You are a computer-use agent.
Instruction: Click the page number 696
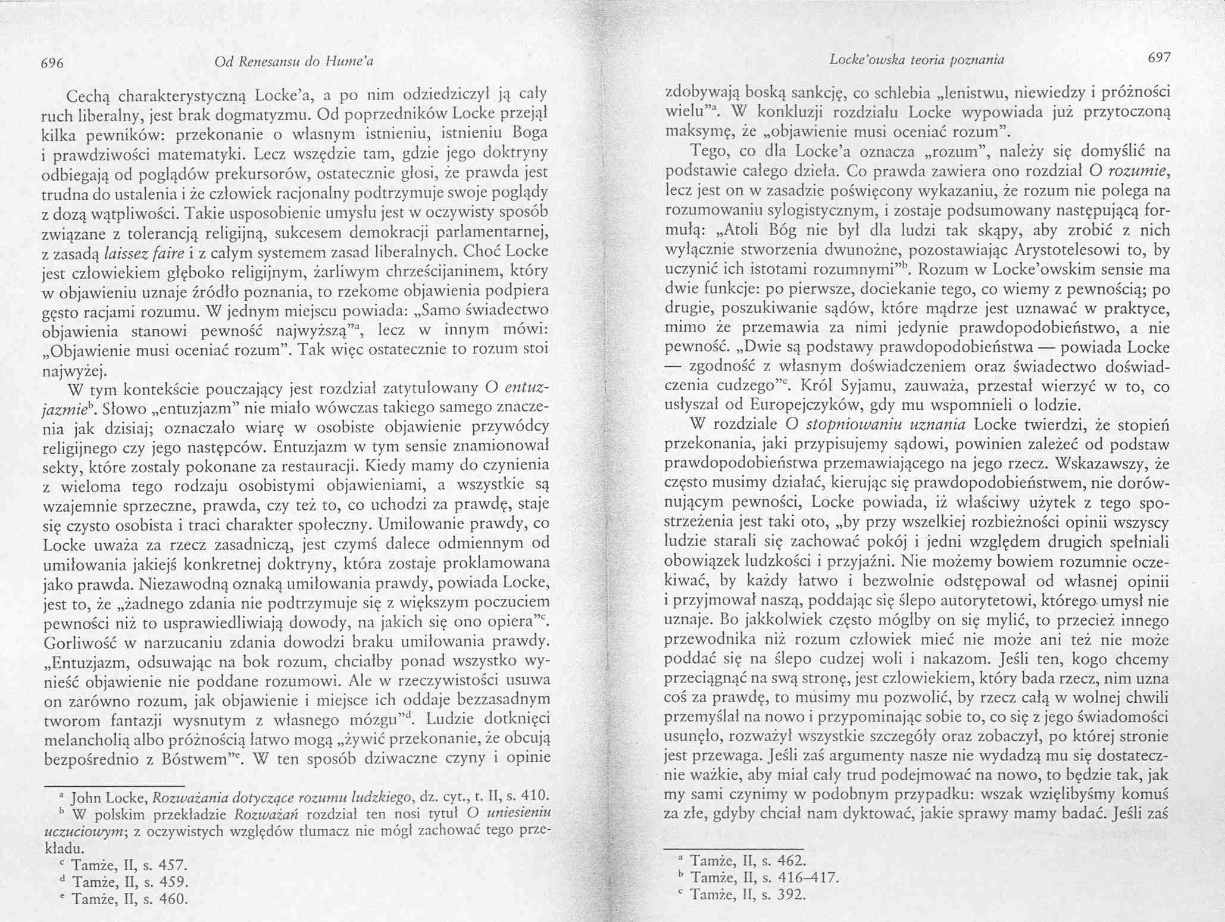(52, 63)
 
